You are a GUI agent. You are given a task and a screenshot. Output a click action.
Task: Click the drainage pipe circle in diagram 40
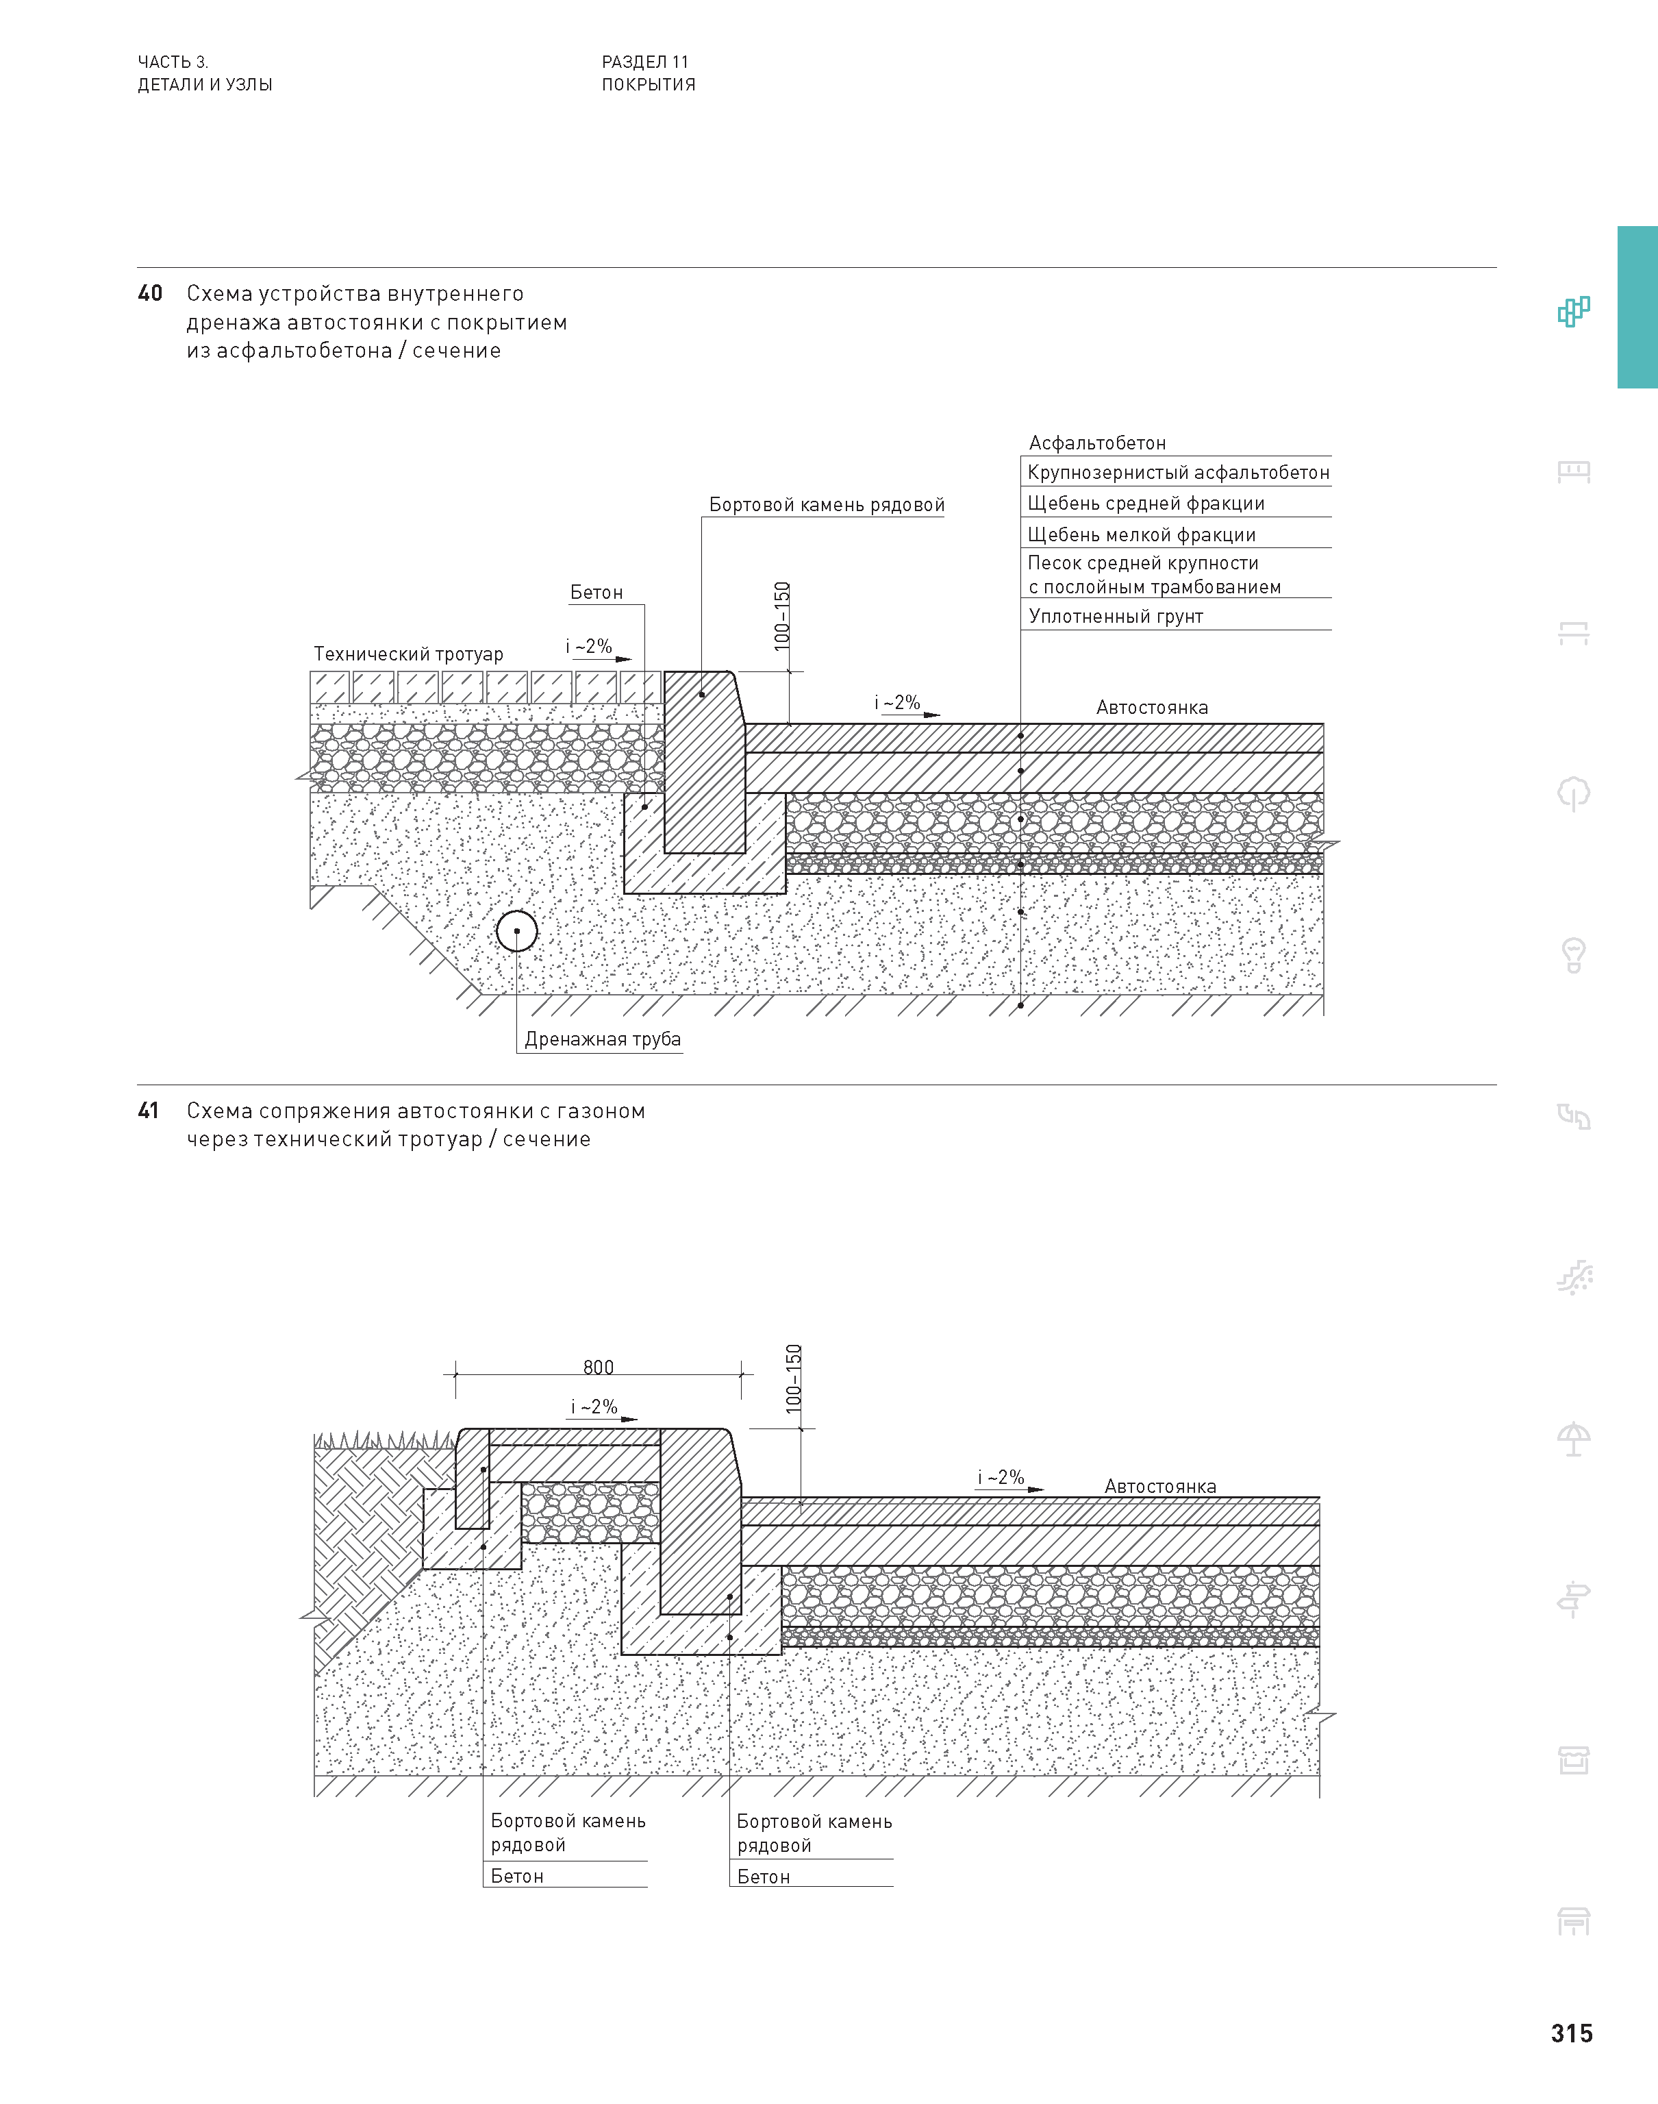click(516, 931)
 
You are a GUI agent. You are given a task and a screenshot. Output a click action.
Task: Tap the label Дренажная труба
click(602, 1040)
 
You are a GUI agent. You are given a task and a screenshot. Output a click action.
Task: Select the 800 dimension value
click(598, 1367)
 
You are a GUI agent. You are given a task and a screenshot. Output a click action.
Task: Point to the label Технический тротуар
click(407, 654)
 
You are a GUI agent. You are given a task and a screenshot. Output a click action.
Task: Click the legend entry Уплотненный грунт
click(1116, 617)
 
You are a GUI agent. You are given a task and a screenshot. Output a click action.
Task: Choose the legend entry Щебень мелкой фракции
click(1141, 535)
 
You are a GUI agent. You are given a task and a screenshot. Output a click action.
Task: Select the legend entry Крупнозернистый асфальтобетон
click(1177, 473)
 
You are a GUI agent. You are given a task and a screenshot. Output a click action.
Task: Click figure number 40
click(149, 293)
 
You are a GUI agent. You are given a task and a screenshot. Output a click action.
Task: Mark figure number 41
click(149, 1111)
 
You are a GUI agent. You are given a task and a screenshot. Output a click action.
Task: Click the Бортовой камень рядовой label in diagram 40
click(826, 505)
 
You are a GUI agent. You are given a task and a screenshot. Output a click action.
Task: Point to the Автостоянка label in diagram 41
click(1160, 1487)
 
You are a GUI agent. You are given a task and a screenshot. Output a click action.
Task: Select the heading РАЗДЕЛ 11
click(644, 62)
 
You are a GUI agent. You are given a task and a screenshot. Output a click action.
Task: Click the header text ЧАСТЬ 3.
click(173, 62)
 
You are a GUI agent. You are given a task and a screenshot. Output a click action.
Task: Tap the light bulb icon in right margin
click(1574, 955)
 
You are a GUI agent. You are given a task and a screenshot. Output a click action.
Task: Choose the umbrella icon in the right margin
click(1574, 1438)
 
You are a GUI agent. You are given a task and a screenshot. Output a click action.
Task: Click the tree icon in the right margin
click(1574, 793)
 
